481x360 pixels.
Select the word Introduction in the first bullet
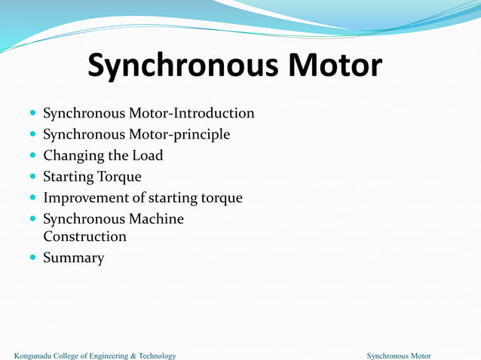214,113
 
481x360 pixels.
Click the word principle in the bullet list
200,135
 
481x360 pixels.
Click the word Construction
84,236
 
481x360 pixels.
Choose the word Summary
73,258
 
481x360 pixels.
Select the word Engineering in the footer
106,355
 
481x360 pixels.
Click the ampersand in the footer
133,355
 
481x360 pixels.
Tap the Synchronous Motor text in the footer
398,355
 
